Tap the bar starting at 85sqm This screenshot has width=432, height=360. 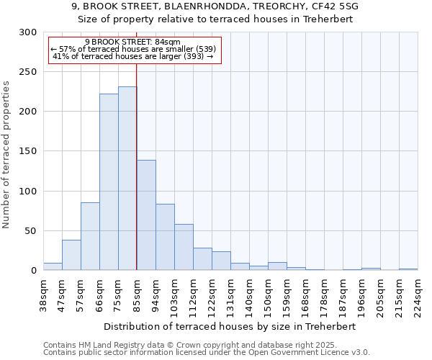[x=146, y=215]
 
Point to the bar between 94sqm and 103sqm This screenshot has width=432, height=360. [x=165, y=237]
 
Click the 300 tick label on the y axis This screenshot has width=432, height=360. [x=28, y=32]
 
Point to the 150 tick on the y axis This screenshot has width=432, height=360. [x=28, y=152]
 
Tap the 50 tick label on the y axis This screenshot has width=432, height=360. [x=31, y=231]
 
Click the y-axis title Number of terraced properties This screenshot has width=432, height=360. [x=7, y=154]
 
